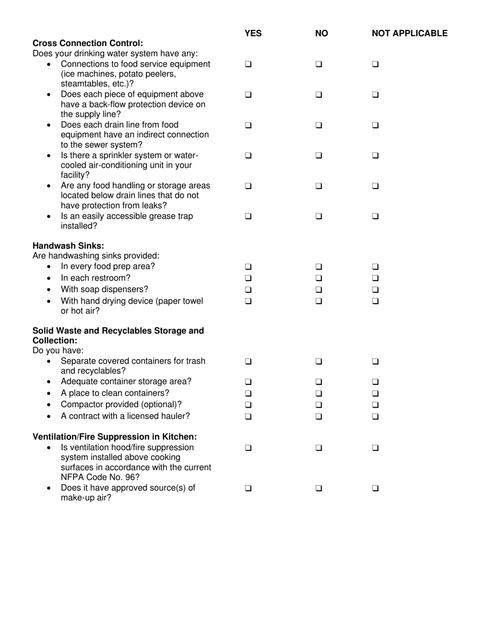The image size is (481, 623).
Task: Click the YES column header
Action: point(253,33)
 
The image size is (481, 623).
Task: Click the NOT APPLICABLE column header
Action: point(409,33)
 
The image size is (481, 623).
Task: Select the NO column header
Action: point(321,33)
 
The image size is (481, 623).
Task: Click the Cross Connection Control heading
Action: point(88,43)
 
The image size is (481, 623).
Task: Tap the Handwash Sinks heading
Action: point(68,246)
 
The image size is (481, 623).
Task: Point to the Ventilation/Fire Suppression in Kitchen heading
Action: point(114,437)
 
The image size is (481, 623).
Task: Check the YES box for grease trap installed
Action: point(248,216)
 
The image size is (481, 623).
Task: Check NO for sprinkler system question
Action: point(318,155)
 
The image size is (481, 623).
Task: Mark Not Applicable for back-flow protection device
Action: point(375,95)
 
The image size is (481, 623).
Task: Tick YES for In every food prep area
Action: point(248,266)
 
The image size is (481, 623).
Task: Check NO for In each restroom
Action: point(318,278)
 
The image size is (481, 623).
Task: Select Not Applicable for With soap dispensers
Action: point(375,290)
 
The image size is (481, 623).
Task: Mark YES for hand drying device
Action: point(248,301)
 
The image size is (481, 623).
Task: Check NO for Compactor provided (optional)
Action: point(318,405)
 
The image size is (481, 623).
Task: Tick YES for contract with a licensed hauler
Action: point(248,416)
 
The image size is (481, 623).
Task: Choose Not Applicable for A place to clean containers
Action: point(375,393)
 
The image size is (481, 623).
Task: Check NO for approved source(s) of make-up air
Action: point(318,489)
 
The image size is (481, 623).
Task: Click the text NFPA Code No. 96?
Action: point(100,477)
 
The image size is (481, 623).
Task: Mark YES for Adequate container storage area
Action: point(248,381)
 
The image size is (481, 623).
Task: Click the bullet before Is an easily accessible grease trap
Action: point(49,217)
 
